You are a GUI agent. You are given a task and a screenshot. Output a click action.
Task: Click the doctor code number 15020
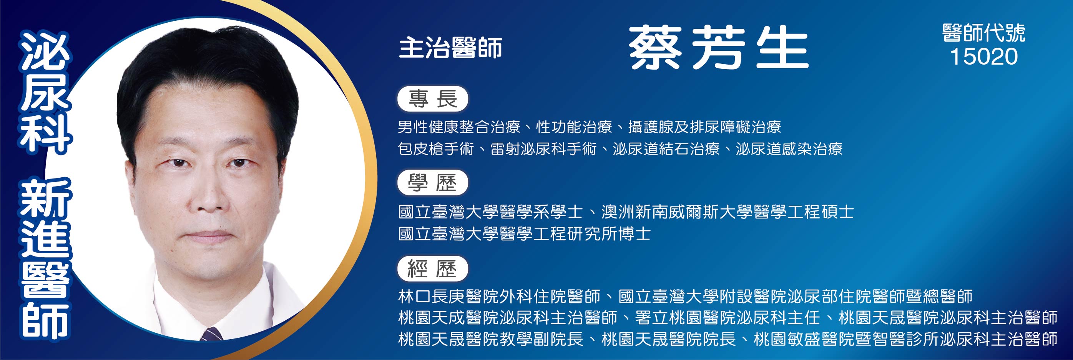click(x=983, y=57)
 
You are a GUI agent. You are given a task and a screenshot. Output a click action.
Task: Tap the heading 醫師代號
click(x=983, y=33)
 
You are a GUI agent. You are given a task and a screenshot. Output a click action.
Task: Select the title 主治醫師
click(x=450, y=48)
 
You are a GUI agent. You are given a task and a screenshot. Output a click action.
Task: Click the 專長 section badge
click(x=433, y=99)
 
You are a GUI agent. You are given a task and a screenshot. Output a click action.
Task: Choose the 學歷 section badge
click(x=433, y=182)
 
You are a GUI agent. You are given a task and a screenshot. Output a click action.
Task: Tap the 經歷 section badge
click(x=433, y=269)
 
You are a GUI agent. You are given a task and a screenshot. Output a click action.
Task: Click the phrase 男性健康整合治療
click(x=459, y=127)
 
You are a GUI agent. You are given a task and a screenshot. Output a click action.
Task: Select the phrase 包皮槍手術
click(x=436, y=149)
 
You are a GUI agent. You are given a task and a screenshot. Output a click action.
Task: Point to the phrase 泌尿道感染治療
click(x=789, y=149)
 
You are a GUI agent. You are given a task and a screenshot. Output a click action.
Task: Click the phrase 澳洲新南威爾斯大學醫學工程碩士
click(x=728, y=212)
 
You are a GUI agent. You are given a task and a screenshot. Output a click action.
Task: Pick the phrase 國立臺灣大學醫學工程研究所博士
click(x=525, y=234)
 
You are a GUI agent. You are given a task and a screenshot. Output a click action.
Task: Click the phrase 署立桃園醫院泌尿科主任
click(x=727, y=318)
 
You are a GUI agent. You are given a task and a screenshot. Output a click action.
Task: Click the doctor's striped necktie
click(x=212, y=334)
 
